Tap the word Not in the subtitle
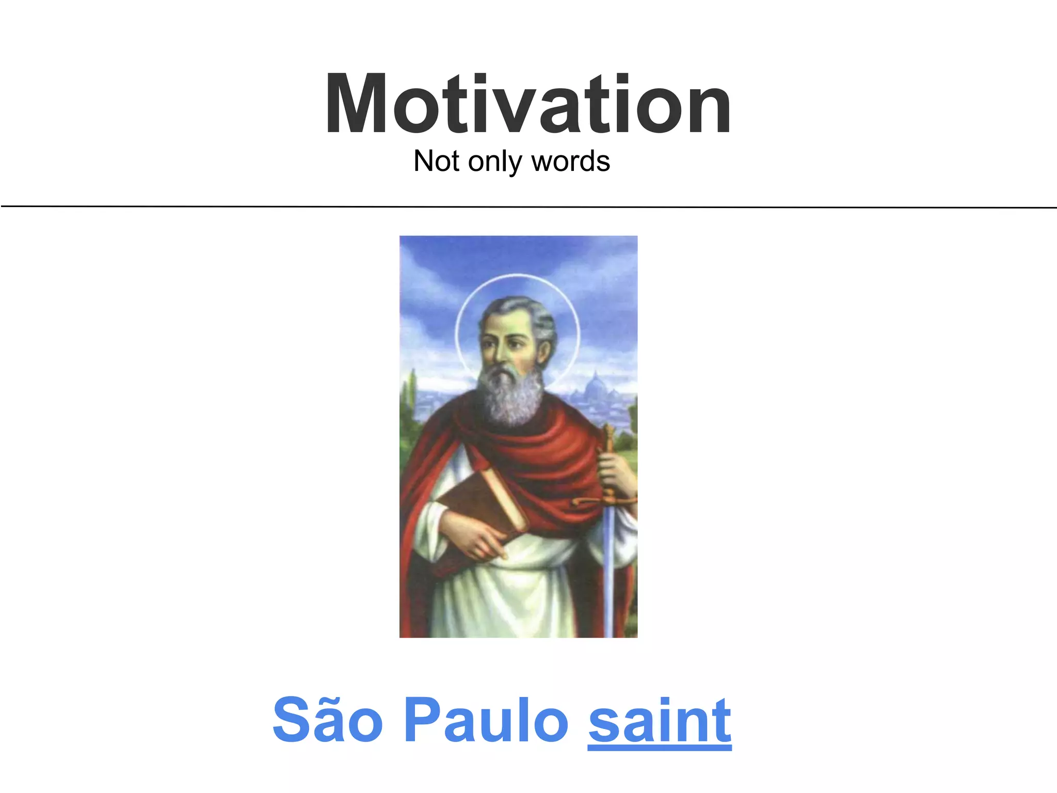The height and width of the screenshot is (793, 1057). [x=437, y=161]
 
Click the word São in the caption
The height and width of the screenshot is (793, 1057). [x=327, y=720]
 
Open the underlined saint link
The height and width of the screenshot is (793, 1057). [x=659, y=720]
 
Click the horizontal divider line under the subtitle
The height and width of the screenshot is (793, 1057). [x=528, y=207]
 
